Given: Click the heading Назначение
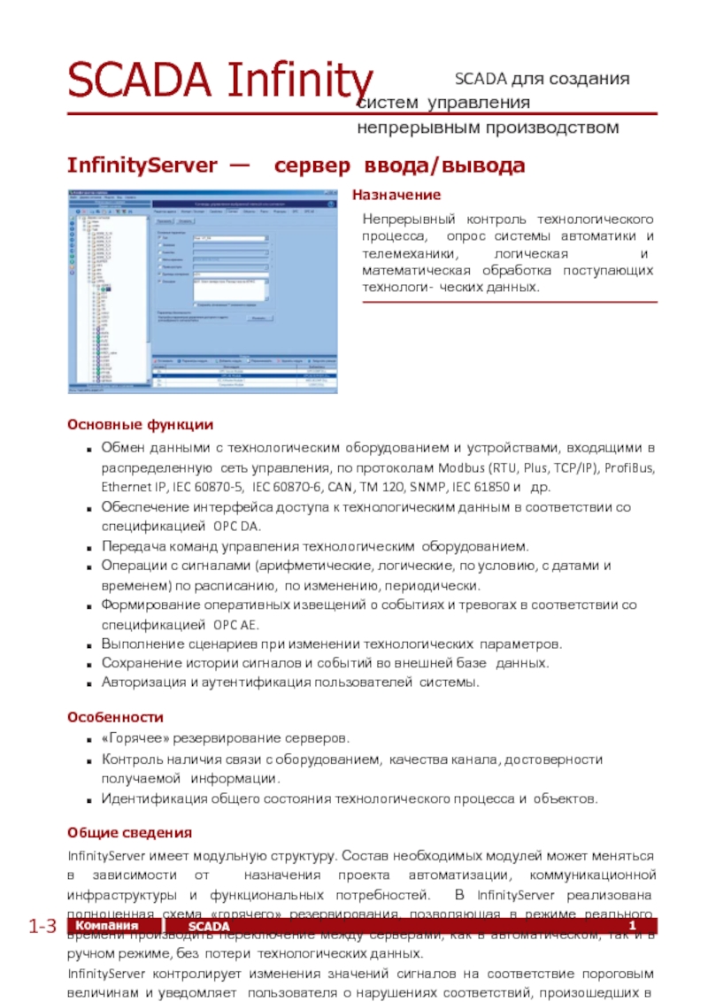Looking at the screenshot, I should (x=396, y=194).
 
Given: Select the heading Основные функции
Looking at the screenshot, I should (x=141, y=425).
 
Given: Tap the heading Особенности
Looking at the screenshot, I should (x=116, y=716).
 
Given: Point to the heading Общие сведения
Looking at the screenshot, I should (x=130, y=833).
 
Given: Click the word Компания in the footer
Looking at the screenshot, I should (x=113, y=926).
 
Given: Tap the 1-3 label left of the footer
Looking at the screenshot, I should (x=42, y=927).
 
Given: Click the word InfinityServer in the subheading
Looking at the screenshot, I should (x=142, y=166).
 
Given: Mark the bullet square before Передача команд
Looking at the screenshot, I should (x=91, y=547).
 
